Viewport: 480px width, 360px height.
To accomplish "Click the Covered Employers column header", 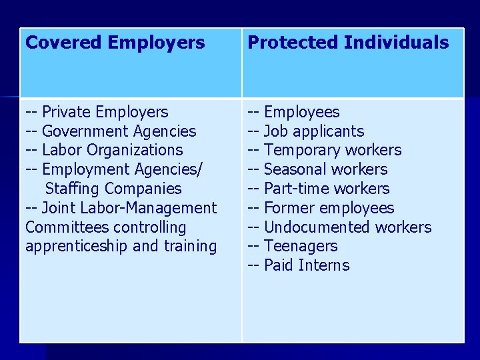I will (x=115, y=43).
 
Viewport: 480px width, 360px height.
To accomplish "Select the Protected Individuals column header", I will (x=348, y=43).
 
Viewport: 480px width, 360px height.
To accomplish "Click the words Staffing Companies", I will (x=113, y=189).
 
